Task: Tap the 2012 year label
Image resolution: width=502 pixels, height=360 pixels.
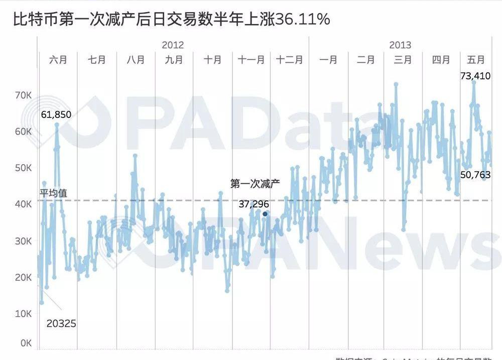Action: [x=173, y=45]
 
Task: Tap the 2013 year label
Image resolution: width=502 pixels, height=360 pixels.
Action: [x=400, y=45]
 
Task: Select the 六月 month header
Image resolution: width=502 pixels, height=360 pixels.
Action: [x=58, y=60]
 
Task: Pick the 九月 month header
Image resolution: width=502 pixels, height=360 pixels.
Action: [x=174, y=60]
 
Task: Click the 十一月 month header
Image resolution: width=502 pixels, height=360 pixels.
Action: [x=251, y=60]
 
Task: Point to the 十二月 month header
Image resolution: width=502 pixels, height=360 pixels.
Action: [x=290, y=60]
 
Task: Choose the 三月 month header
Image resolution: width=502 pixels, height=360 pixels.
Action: [x=403, y=60]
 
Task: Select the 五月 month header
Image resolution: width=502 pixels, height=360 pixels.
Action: [x=476, y=60]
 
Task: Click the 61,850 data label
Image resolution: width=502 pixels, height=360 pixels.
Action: [x=56, y=114]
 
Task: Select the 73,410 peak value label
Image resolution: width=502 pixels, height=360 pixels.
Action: [x=475, y=76]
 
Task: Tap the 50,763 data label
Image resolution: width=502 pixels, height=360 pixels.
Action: [x=475, y=175]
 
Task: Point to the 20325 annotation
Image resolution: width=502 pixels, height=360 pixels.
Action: [x=61, y=324]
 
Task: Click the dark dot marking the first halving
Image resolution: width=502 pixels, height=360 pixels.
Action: [x=265, y=214]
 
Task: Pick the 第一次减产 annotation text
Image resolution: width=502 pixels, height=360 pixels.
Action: [x=255, y=184]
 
